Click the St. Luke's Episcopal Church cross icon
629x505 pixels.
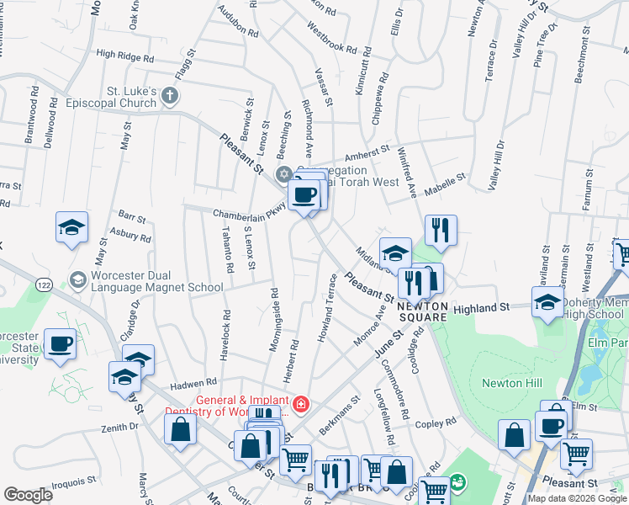(x=170, y=94)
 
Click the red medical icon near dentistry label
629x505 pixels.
(x=301, y=405)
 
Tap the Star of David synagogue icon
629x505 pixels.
(x=283, y=174)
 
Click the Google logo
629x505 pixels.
(x=28, y=495)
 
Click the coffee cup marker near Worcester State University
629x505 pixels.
(x=60, y=344)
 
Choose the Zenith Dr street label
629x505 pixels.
(x=118, y=428)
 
